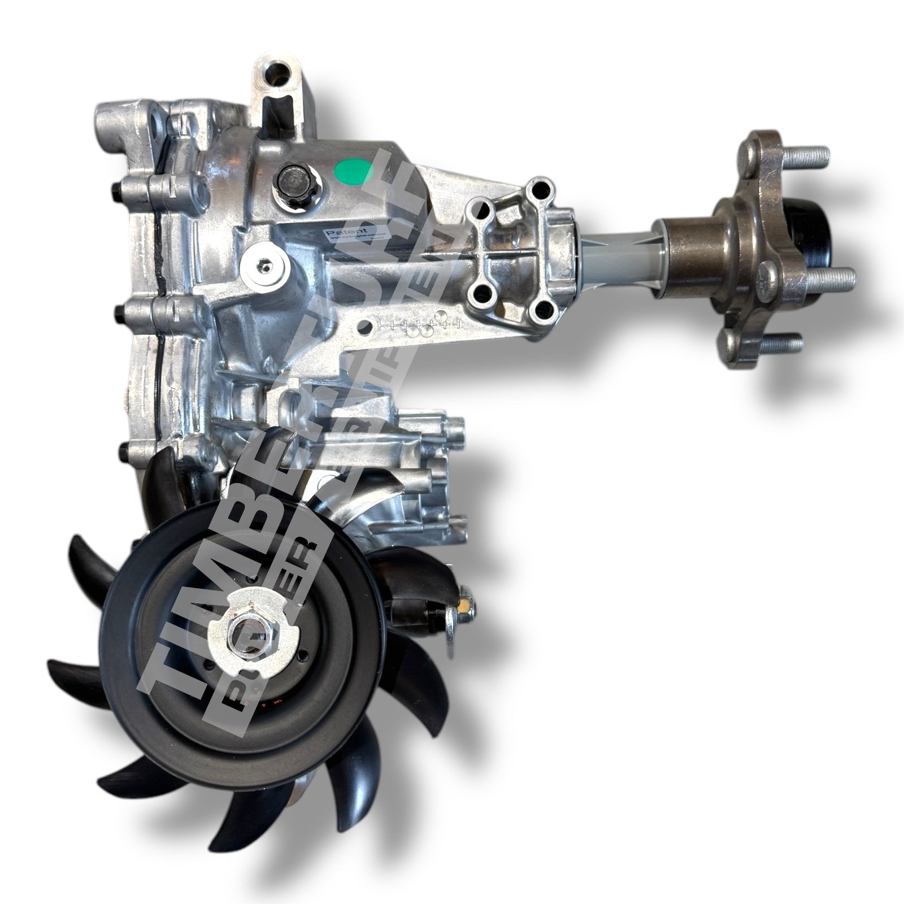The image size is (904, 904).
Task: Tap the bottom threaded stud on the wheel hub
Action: coord(782,342)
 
